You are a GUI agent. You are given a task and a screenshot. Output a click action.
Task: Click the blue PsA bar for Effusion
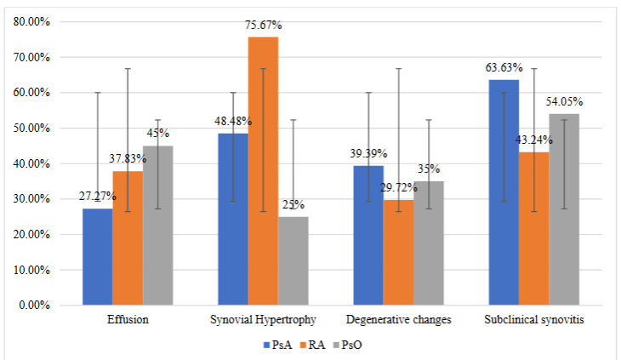[98, 256]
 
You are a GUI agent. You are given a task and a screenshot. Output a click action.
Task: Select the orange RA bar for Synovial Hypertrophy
[263, 170]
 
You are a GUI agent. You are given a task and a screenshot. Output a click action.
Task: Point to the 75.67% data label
[263, 27]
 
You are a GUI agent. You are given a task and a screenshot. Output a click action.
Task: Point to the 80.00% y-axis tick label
[31, 22]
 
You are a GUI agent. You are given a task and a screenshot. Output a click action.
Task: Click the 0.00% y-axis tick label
[34, 305]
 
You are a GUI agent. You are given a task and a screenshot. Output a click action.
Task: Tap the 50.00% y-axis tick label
[31, 129]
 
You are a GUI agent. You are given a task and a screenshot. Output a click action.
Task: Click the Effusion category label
[128, 321]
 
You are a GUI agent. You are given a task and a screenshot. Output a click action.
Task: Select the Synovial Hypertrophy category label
[263, 321]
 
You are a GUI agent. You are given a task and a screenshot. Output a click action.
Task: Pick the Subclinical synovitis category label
[533, 321]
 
